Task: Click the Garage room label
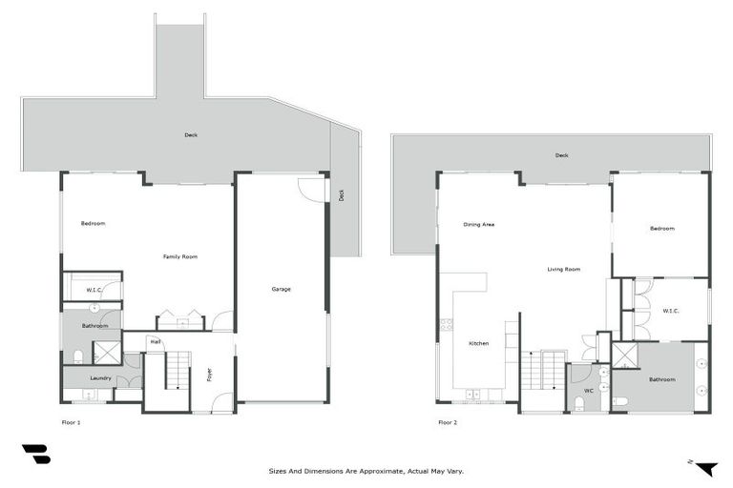point(281,289)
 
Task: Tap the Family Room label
point(180,256)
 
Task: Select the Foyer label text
point(209,375)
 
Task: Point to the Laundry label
point(100,377)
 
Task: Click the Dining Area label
point(479,224)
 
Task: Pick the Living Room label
point(564,269)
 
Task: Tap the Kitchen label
point(479,343)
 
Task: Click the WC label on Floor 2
point(589,391)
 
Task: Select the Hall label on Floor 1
point(156,342)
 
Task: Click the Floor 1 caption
point(71,422)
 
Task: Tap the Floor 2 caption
point(448,422)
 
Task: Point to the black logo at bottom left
point(36,454)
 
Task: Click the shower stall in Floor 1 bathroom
point(107,353)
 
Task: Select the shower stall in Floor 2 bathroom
point(624,356)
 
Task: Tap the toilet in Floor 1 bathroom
point(78,357)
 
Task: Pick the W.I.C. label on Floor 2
point(670,311)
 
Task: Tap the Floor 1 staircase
point(178,370)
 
